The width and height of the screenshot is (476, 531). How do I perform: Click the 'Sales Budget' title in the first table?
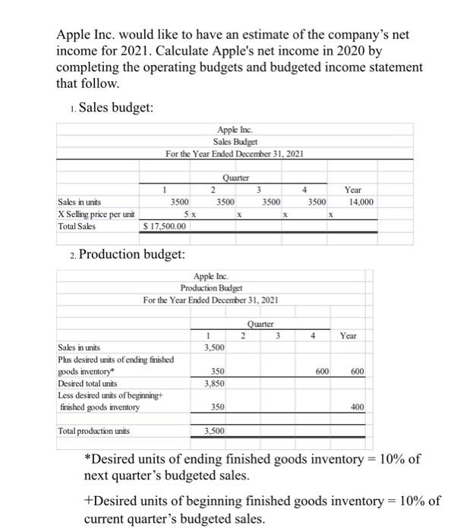235,142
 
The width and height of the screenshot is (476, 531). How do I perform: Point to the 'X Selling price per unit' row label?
94,215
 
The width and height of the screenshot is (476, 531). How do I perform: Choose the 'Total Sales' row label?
78,227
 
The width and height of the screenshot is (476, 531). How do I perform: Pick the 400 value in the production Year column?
357,408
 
